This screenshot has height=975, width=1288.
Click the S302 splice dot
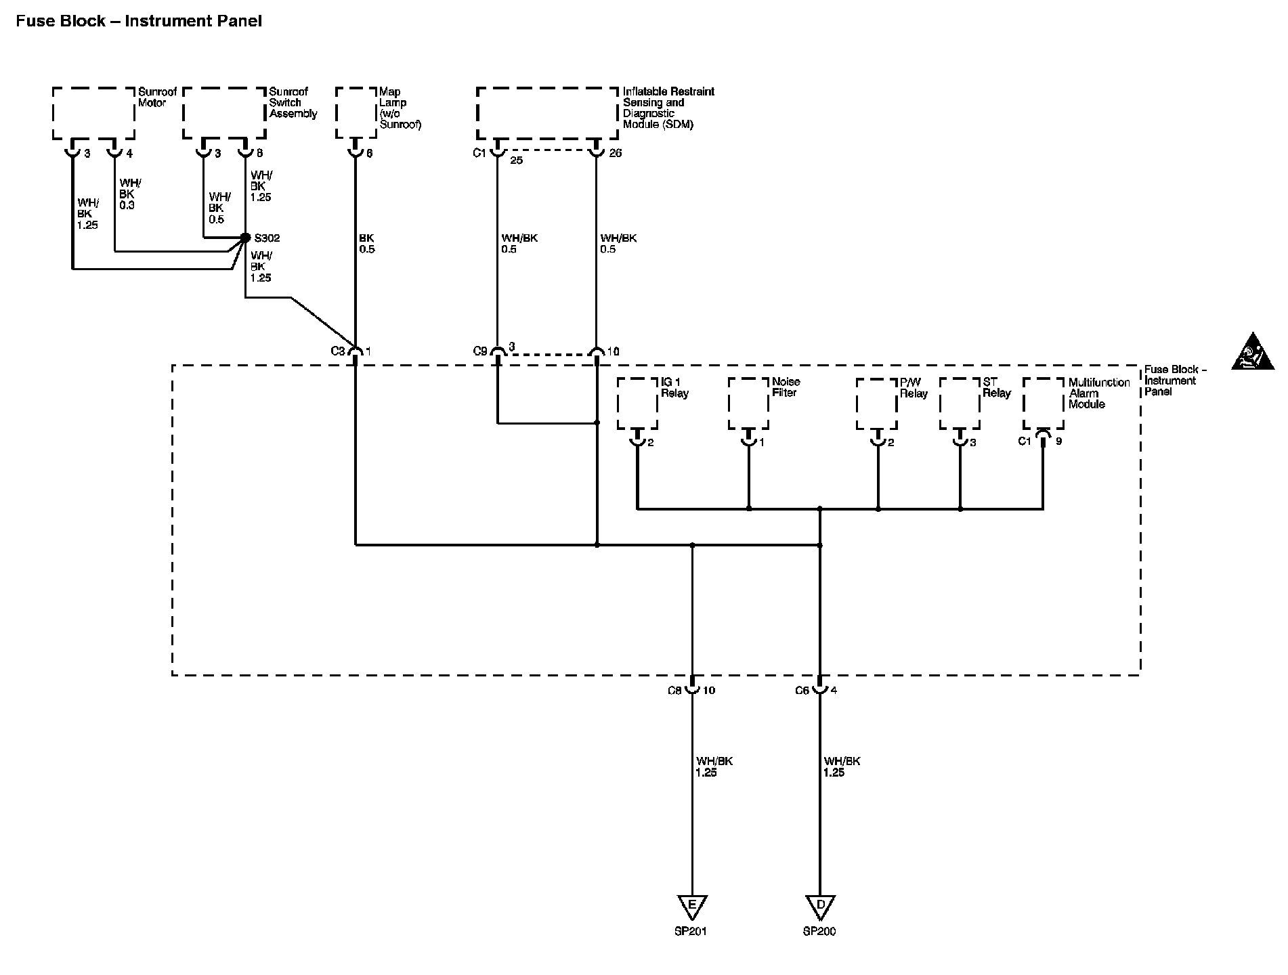coord(246,238)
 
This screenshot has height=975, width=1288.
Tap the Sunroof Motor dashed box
coord(93,113)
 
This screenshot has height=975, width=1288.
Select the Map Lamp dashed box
coord(356,113)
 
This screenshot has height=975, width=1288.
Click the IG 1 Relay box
coord(637,404)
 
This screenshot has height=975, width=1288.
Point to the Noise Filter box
coord(748,404)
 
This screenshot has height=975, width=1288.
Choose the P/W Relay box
coord(877,404)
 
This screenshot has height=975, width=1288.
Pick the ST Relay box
coord(960,404)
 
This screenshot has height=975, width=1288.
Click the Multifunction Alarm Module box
coord(1043,404)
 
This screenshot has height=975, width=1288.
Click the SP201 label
coord(691,932)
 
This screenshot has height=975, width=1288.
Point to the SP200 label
coord(819,932)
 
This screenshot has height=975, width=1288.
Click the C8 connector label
coord(674,691)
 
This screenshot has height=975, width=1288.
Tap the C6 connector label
coord(802,691)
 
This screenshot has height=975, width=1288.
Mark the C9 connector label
coord(480,351)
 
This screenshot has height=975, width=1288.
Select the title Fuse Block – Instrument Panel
coord(139,21)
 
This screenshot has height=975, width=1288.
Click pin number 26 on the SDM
coord(615,153)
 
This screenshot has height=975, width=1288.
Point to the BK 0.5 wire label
coord(366,244)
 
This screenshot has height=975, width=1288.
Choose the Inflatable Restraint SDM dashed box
coord(547,113)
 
